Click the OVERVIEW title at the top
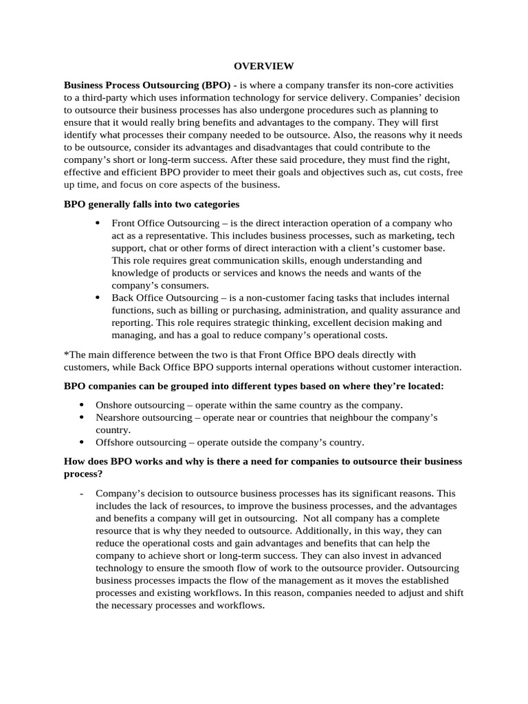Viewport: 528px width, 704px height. (x=263, y=66)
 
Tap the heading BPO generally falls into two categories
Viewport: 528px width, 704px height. (x=151, y=205)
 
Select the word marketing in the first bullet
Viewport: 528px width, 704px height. (x=377, y=236)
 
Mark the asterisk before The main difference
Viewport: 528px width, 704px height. (x=66, y=355)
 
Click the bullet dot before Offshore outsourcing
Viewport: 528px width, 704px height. (x=81, y=442)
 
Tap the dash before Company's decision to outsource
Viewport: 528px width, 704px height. (x=81, y=494)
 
